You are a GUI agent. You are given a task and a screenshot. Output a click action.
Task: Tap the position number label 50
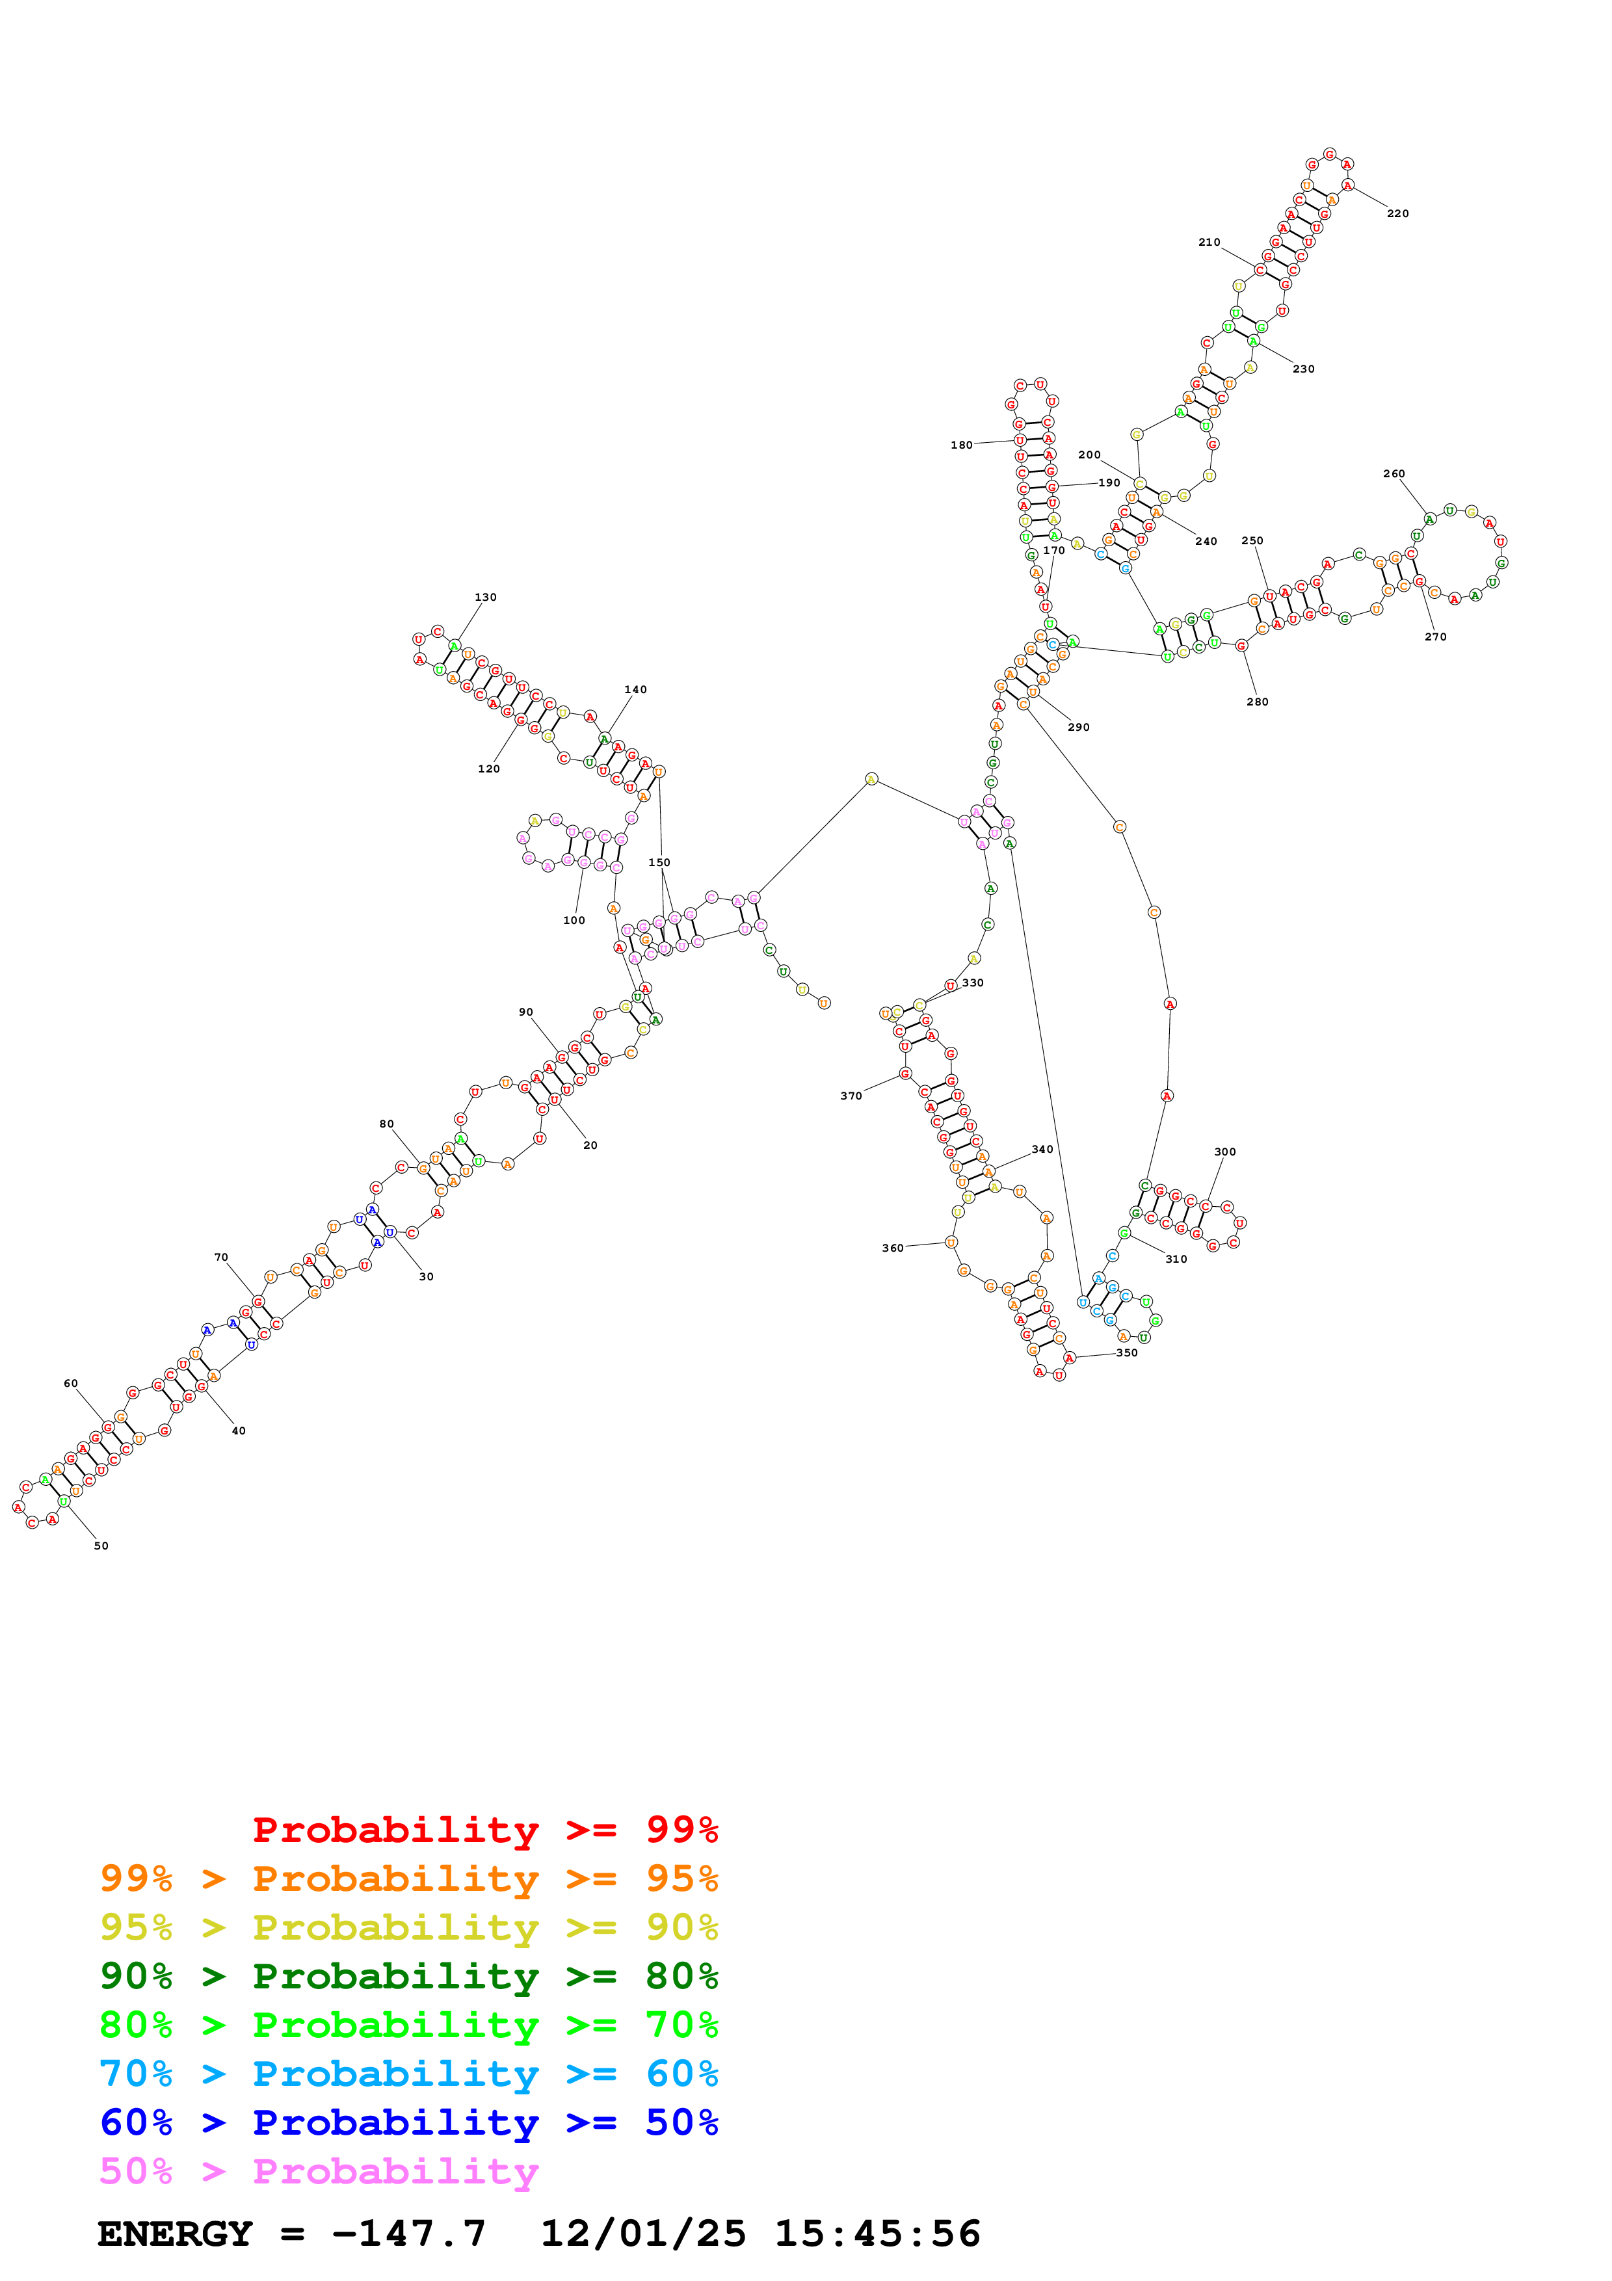tap(101, 1546)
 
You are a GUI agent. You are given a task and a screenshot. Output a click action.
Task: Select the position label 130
tap(486, 597)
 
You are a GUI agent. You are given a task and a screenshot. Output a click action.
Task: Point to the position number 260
tap(1394, 474)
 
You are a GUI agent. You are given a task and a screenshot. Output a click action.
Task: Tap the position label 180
tap(962, 445)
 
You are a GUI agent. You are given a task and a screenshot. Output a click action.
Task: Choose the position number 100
tap(574, 920)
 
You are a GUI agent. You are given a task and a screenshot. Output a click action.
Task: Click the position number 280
tap(1258, 702)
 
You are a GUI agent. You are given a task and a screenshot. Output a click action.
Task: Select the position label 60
tap(70, 1383)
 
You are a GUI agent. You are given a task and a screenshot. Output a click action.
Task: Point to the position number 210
tap(1209, 243)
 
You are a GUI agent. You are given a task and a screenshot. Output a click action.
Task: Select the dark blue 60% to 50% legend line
tap(409, 2122)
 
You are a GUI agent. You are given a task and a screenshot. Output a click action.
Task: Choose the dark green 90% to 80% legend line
tap(409, 1976)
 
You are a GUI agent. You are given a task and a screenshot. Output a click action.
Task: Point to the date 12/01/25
tap(642, 2234)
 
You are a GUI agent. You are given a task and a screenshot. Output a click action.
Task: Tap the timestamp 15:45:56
tap(877, 2234)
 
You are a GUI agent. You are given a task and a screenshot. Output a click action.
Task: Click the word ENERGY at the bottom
tap(175, 2234)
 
